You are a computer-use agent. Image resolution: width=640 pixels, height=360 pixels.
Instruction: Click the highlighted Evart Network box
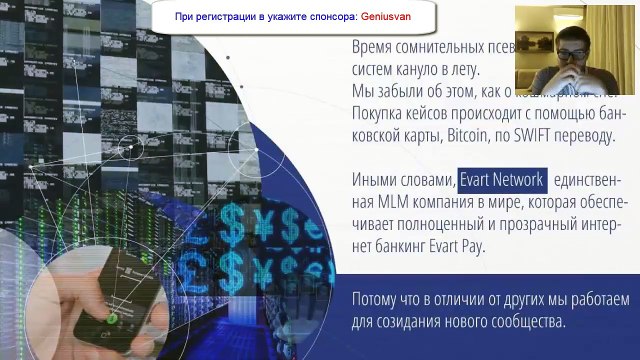click(x=502, y=180)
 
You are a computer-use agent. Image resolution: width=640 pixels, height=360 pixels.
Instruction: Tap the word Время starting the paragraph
click(x=375, y=48)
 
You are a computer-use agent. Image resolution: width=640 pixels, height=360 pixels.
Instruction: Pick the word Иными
click(x=374, y=180)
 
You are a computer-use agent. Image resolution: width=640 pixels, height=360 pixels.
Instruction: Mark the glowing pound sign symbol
click(x=237, y=259)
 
